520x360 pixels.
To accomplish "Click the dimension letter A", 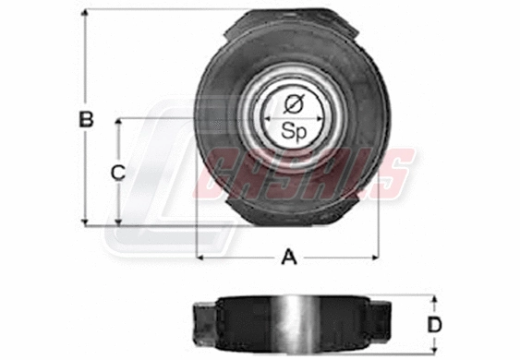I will (289, 258).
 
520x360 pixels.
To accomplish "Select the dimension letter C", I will (118, 172).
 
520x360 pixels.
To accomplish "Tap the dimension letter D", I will (435, 324).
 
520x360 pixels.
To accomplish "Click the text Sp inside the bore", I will (294, 132).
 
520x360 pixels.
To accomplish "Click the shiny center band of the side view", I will (294, 324).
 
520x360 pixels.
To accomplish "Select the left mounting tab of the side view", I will (202, 323).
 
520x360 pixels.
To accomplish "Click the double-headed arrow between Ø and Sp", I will (294, 117).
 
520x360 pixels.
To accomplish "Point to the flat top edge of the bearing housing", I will (294, 11).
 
